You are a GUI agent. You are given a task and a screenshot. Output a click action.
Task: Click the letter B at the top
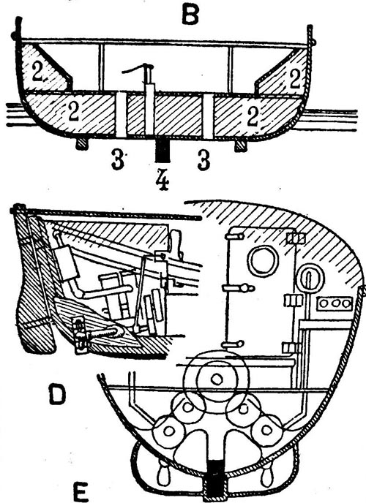(190, 15)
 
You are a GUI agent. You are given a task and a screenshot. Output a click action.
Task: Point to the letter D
(58, 395)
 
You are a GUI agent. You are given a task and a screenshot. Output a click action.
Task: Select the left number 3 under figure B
(118, 159)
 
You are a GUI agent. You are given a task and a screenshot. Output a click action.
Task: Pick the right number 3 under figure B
(203, 160)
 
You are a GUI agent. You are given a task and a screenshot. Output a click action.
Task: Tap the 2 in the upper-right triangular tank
(296, 79)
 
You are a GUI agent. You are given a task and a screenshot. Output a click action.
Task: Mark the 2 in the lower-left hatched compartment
(73, 111)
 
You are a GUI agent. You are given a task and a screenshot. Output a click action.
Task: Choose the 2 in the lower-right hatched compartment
(253, 116)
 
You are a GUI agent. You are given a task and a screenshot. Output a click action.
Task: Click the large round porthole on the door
(264, 261)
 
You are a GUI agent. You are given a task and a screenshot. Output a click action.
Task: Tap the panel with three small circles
(335, 304)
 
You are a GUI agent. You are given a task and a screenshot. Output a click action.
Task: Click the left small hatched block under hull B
(81, 145)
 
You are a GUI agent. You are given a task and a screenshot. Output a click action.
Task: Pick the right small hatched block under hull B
(241, 146)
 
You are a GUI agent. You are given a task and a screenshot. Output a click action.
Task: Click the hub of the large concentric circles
(217, 379)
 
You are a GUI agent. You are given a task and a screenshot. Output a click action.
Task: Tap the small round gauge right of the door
(310, 279)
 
